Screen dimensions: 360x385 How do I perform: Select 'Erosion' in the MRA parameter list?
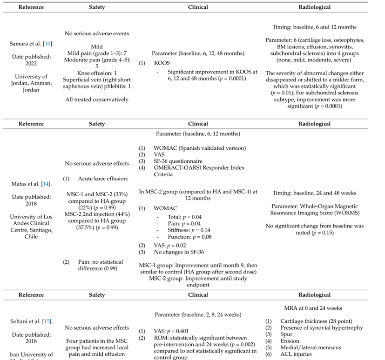[291, 340]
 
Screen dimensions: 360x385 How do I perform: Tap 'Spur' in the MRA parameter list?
[287, 334]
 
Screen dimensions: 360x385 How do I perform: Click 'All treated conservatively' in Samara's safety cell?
[96, 99]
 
